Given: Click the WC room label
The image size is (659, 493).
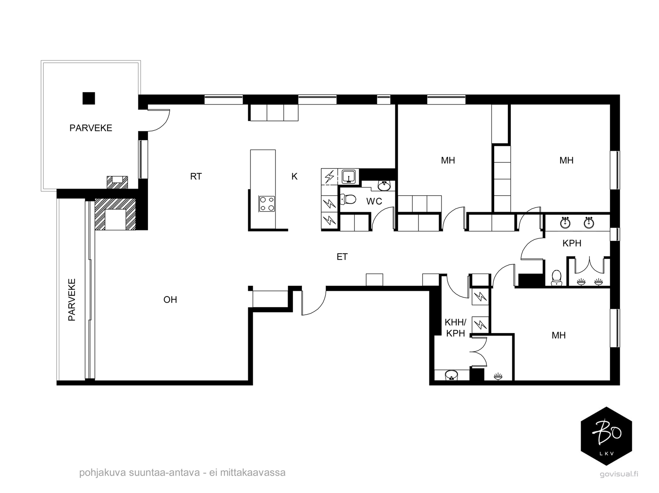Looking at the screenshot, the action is tap(374, 201).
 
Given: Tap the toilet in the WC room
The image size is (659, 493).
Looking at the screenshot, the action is tap(348, 199).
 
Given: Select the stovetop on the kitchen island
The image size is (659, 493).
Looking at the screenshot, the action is tap(267, 204).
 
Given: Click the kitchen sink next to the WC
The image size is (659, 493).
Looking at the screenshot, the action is tap(348, 176).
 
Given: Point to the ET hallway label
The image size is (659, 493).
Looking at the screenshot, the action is tap(342, 257).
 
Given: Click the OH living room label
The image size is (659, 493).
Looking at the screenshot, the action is tap(170, 300).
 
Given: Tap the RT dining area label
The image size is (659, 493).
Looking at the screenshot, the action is tap(196, 177).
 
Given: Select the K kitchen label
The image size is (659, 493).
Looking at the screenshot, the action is tap(294, 177).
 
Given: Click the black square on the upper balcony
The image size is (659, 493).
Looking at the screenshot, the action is tap(89, 98).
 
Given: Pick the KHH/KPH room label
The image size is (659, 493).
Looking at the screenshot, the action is tap(456, 327).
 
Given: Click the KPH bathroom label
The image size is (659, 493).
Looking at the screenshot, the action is tap(572, 243).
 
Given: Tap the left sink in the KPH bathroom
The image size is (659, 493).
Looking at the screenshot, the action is tap(566, 222).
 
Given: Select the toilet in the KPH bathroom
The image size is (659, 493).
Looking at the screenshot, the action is tap(556, 278).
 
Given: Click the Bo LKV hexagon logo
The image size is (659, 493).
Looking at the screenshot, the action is tap(606, 436).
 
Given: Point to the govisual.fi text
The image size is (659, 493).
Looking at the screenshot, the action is tap(619, 474).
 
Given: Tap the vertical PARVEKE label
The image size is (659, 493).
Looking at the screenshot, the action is tap(72, 300).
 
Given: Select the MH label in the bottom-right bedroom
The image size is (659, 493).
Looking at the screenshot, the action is tap(559, 335).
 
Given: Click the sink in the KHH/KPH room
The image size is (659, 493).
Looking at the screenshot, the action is tap(451, 375).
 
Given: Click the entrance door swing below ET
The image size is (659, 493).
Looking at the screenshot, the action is tap(314, 303).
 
